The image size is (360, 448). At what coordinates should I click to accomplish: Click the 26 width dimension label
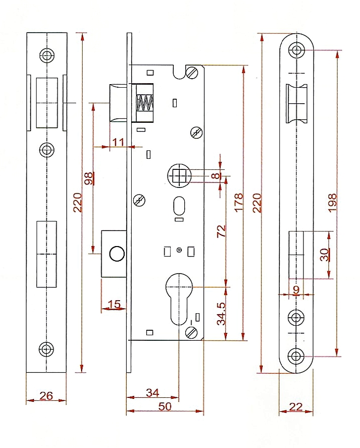click(46, 396)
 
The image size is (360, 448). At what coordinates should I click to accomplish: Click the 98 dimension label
click(89, 179)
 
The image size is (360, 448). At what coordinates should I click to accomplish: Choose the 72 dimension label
click(221, 232)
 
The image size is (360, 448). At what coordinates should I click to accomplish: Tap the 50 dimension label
click(165, 406)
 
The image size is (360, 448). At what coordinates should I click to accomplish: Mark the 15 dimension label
click(114, 304)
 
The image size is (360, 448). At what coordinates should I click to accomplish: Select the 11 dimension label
click(118, 142)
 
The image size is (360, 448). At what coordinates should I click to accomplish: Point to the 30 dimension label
click(324, 255)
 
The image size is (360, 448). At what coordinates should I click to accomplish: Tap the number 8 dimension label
click(215, 176)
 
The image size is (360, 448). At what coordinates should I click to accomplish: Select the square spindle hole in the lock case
click(179, 176)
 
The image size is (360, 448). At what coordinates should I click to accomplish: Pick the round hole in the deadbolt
click(116, 254)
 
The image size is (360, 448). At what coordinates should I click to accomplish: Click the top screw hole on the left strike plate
click(47, 55)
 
